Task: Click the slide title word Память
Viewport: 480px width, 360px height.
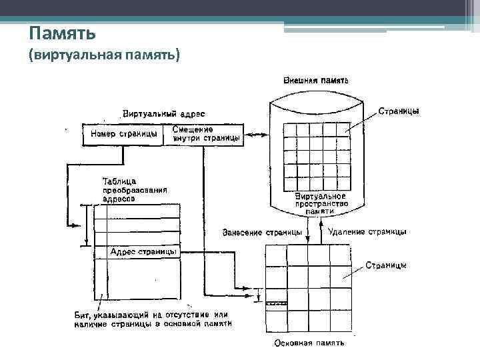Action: (63, 33)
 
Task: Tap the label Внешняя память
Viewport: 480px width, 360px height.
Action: (317, 80)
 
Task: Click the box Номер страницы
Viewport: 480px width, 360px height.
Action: (123, 135)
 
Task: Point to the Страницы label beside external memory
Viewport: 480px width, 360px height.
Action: (399, 111)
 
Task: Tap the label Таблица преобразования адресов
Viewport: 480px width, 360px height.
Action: (134, 189)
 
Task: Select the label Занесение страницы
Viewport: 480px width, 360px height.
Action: (261, 232)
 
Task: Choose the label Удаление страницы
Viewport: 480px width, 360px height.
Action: (367, 232)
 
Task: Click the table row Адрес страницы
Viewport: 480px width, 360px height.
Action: (143, 251)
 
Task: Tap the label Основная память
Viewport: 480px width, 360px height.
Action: (309, 344)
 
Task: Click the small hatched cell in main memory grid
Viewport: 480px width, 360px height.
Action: (276, 303)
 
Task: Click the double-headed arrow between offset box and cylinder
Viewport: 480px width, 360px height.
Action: (257, 135)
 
